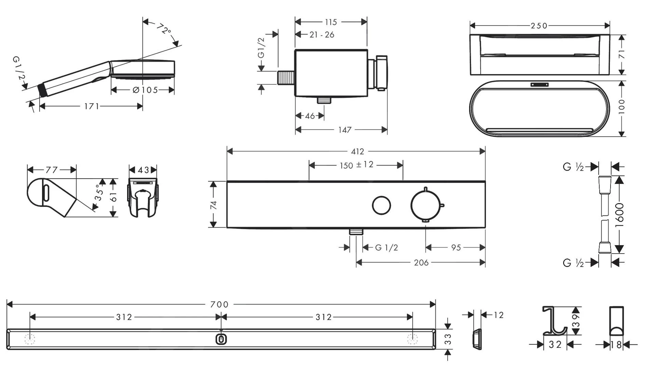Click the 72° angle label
(164, 29)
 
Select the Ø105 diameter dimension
(145, 90)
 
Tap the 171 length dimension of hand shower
(91, 107)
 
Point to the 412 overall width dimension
(357, 151)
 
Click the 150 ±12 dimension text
(356, 165)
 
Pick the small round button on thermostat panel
(381, 205)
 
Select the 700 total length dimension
(219, 304)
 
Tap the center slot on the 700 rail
(221, 339)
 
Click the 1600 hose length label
(619, 215)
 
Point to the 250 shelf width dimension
(539, 26)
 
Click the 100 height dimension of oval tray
(621, 107)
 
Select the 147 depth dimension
(345, 130)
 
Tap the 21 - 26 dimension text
(322, 35)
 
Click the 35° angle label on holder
(99, 193)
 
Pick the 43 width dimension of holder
(143, 170)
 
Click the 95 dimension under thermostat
(456, 248)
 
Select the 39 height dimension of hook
(576, 321)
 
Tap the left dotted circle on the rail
(30, 339)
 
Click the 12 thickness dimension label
(498, 315)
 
